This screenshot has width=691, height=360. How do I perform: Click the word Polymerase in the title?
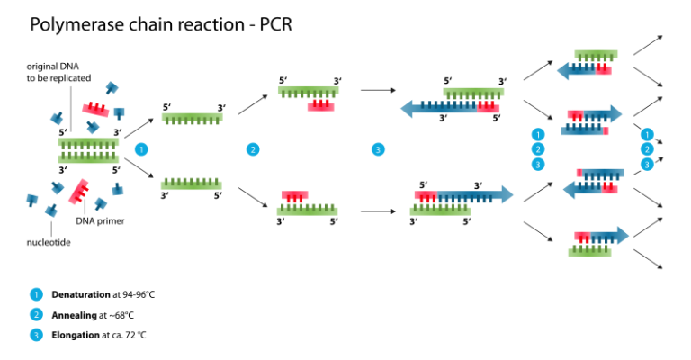pos(76,24)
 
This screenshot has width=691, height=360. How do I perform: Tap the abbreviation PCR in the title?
pos(275,24)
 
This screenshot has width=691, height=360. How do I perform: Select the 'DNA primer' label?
pos(100,220)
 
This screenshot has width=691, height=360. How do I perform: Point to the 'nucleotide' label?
pos(49,242)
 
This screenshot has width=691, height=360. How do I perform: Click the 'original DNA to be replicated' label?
pos(58,72)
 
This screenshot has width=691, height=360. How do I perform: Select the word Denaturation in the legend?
pos(81,294)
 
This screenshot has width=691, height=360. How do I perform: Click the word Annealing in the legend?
pos(74,316)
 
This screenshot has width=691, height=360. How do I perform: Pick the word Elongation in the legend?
pos(76,335)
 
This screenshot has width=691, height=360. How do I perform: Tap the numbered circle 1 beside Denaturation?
pos(36,294)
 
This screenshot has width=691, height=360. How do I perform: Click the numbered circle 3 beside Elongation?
pos(36,336)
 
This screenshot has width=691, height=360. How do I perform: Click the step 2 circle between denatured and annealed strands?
pos(253,149)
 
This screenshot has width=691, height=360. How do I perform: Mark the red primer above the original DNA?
pos(95,109)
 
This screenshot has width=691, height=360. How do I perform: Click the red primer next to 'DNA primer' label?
pos(79,192)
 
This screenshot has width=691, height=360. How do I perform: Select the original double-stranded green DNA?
pos(88,150)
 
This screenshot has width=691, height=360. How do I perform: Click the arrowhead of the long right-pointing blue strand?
pos(507,194)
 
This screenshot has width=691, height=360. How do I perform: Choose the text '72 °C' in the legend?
pos(135,336)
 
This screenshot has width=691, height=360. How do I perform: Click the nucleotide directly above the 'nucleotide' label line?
pos(51,211)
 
